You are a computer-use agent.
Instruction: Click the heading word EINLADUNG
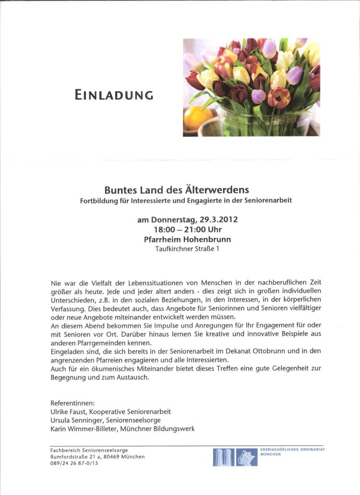114,95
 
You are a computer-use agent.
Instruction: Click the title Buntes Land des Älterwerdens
177,190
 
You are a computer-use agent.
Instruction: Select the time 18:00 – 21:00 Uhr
188,230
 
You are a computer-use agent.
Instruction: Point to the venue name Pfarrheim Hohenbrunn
187,240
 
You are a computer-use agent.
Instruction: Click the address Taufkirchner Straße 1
187,249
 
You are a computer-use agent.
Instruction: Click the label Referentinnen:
72,403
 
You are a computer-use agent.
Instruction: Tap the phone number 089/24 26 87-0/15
74,463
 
